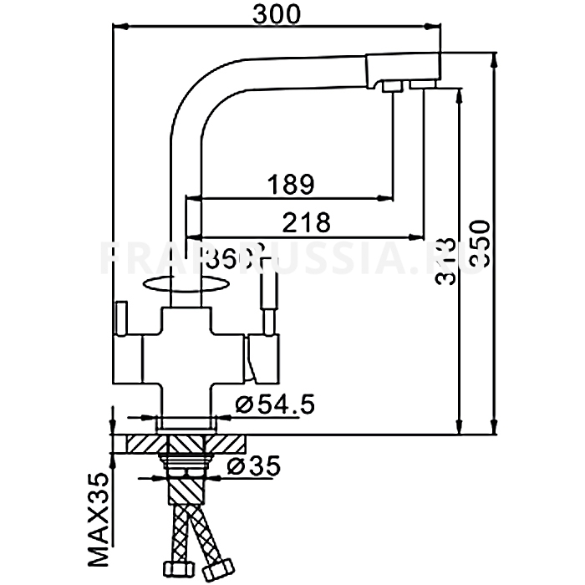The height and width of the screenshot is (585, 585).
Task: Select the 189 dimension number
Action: pos(289,182)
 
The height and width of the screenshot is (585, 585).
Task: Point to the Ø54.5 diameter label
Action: pos(275,406)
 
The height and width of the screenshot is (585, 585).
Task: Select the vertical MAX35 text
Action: pos(99,519)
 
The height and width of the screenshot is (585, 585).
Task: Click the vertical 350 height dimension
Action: pos(479,245)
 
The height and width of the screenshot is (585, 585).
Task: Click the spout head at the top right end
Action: pos(404,71)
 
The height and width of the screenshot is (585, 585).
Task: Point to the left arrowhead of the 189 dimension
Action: pos(191,198)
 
